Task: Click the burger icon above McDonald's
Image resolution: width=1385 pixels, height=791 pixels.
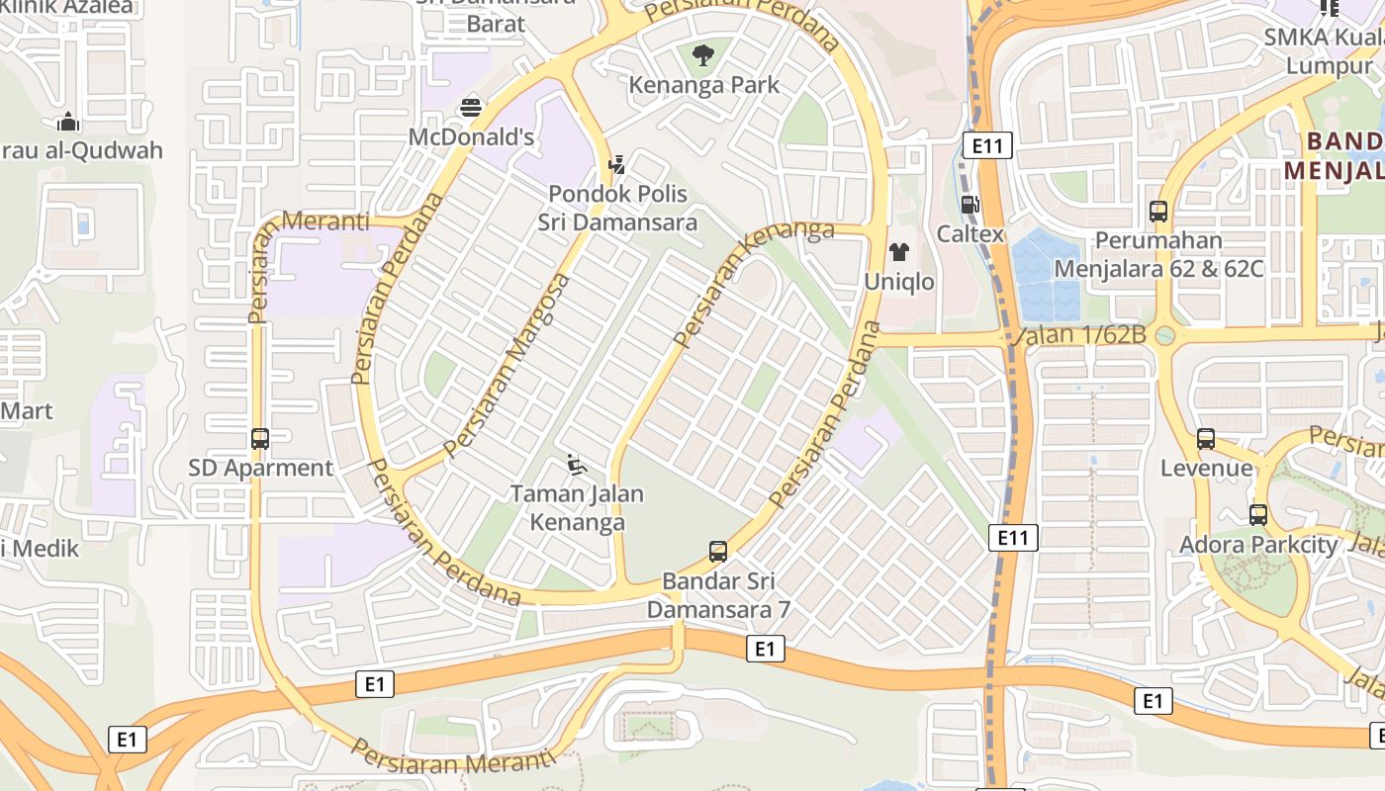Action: tap(471, 107)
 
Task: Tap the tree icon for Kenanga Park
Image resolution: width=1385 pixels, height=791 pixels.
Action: tap(703, 55)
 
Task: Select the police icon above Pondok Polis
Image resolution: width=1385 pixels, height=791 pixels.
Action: tap(617, 164)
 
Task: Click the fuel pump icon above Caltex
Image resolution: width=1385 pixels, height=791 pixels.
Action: tap(969, 205)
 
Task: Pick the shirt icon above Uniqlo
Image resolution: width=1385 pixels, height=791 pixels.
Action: tap(899, 252)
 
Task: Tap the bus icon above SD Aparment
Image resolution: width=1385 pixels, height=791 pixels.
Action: tap(260, 438)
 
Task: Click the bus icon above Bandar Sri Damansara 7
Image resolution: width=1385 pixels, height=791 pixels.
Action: tap(718, 551)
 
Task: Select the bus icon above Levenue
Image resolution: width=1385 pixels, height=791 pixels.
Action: tap(1206, 439)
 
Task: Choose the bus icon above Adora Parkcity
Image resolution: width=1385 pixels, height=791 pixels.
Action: tap(1258, 515)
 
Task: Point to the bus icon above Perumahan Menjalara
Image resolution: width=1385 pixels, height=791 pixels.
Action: tap(1158, 211)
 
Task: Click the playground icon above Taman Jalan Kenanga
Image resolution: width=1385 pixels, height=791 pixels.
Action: tap(577, 464)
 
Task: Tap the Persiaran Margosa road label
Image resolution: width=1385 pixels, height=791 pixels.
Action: tap(508, 365)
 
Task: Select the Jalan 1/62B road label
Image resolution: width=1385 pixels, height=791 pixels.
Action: tap(1080, 334)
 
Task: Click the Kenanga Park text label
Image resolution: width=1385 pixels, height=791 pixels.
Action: tap(704, 85)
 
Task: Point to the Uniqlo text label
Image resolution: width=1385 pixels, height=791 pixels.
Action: tap(899, 282)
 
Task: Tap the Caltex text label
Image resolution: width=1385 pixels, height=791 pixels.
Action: tap(970, 234)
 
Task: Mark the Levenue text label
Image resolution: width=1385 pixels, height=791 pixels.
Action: tap(1206, 468)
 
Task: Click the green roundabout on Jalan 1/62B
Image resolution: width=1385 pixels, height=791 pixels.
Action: tap(1164, 335)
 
